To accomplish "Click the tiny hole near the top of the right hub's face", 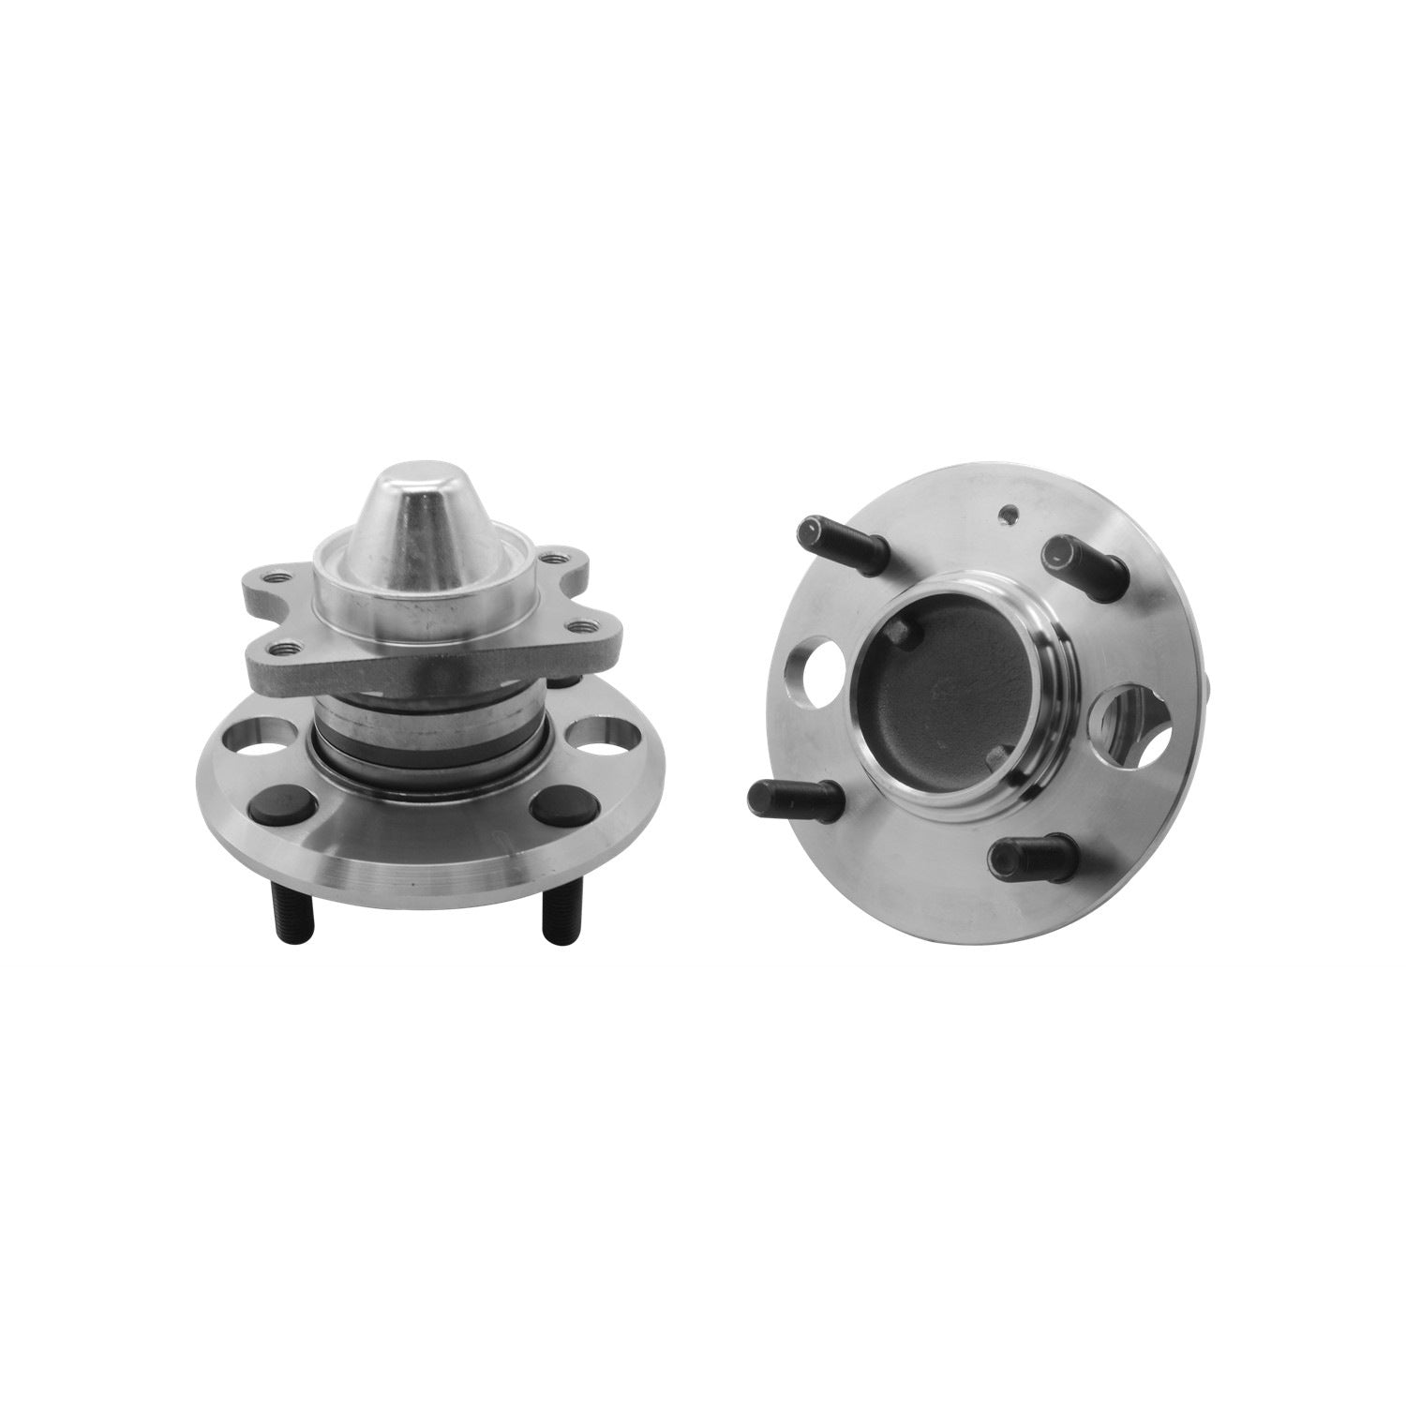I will (x=1007, y=513).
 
